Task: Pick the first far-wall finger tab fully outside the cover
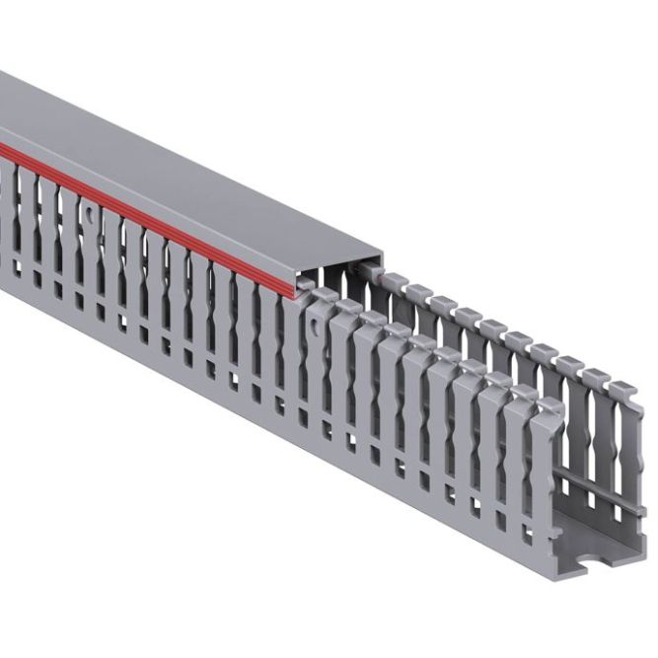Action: click(394, 279)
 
